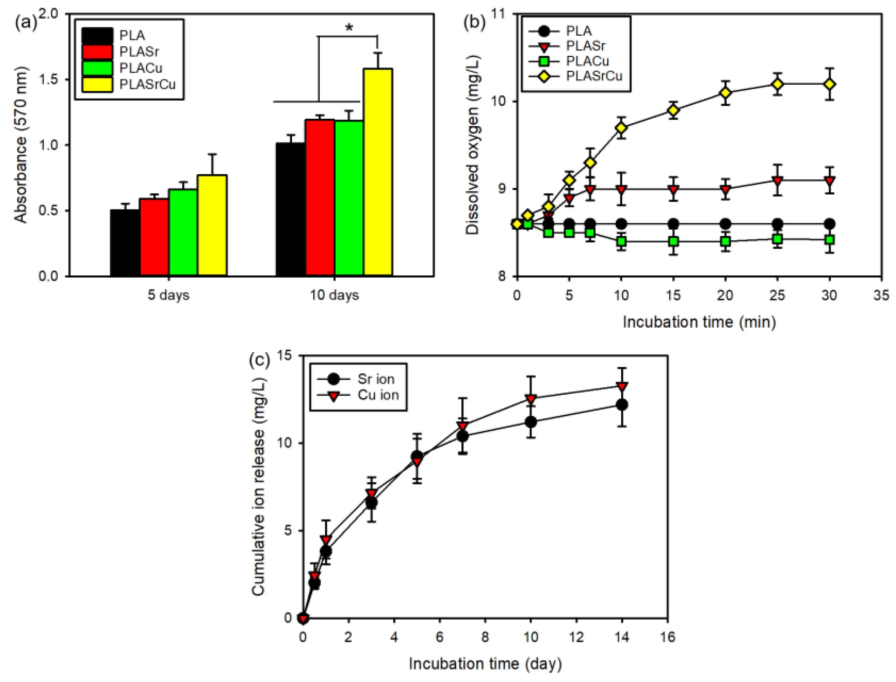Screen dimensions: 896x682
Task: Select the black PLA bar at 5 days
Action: pos(125,243)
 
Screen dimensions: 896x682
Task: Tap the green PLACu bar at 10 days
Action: pos(349,198)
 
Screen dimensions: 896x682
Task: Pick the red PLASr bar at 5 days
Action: pos(154,238)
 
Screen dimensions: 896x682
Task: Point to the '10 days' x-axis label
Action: pos(335,295)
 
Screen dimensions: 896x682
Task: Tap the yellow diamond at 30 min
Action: pos(829,84)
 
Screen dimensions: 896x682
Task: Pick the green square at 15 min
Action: pos(673,241)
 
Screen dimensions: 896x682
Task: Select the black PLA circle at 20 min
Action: pos(725,224)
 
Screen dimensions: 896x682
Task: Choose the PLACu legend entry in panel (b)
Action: pos(568,61)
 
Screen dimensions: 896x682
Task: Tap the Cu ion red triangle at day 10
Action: pos(531,399)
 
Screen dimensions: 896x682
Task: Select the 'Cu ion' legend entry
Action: pos(358,395)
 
